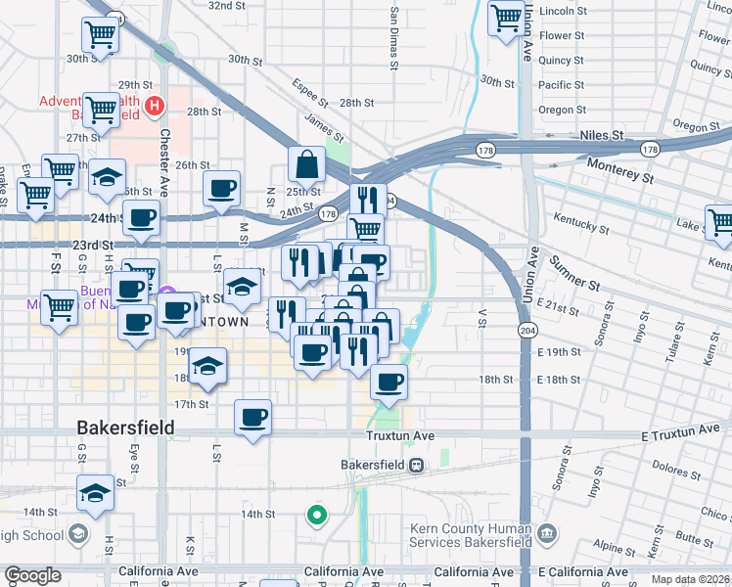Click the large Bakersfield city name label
126,428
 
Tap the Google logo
32,575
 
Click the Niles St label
601,135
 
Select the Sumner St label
574,273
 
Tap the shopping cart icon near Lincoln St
506,17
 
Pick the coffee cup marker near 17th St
253,418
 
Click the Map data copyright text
691,579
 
